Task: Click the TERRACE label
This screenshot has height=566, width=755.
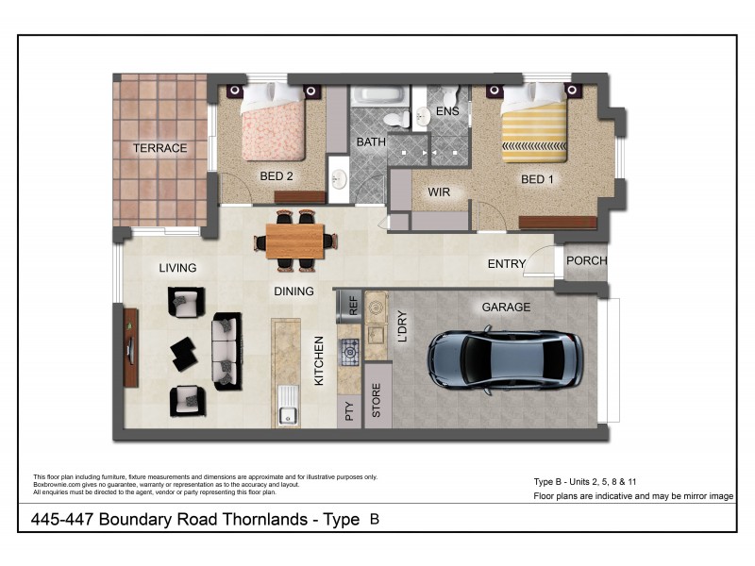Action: coord(159,148)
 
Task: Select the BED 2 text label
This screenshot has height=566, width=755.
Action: coord(278,175)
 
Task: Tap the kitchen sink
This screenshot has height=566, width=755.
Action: coord(288,412)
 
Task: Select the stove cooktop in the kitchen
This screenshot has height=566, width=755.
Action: coord(350,353)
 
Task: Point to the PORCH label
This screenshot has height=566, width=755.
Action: coord(586,261)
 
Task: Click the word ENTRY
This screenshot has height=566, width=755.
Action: coord(506,264)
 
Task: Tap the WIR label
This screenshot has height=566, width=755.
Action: coord(439,192)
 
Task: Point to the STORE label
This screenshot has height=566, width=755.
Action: coord(377,401)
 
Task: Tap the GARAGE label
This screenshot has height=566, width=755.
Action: coord(506,307)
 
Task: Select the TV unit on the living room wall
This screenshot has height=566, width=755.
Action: coord(129,346)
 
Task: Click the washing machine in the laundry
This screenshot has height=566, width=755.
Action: coord(377,308)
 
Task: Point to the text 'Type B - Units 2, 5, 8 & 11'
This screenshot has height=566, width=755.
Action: coord(591,481)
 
